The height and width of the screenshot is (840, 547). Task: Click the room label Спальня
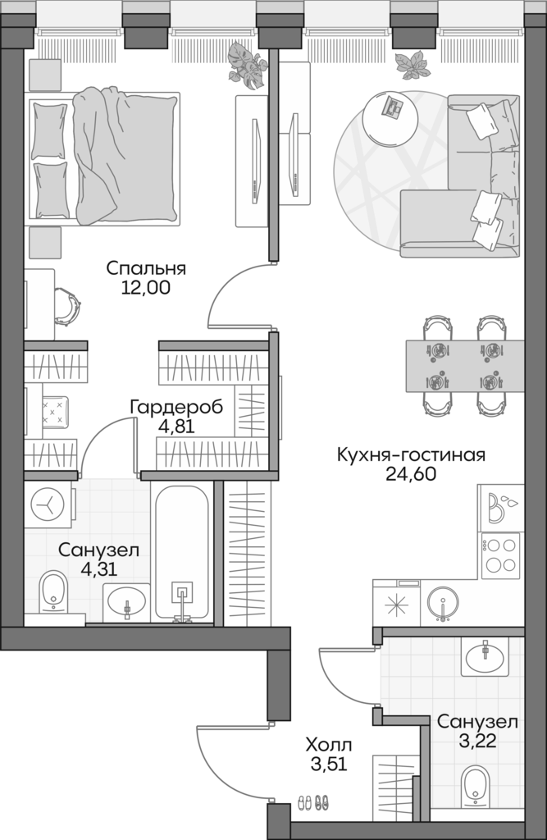(x=146, y=268)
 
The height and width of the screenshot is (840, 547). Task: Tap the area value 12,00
(x=146, y=288)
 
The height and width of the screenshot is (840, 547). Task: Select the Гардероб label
(x=176, y=406)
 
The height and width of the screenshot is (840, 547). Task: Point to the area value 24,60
(x=411, y=473)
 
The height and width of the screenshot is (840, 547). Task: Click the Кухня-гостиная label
(x=411, y=454)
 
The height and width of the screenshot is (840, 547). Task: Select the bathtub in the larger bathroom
(x=182, y=554)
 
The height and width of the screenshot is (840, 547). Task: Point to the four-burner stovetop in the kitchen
(x=499, y=555)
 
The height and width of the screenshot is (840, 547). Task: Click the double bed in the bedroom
(x=104, y=157)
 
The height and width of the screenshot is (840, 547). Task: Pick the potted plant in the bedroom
(x=247, y=65)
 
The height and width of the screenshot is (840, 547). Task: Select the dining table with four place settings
(x=464, y=366)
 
